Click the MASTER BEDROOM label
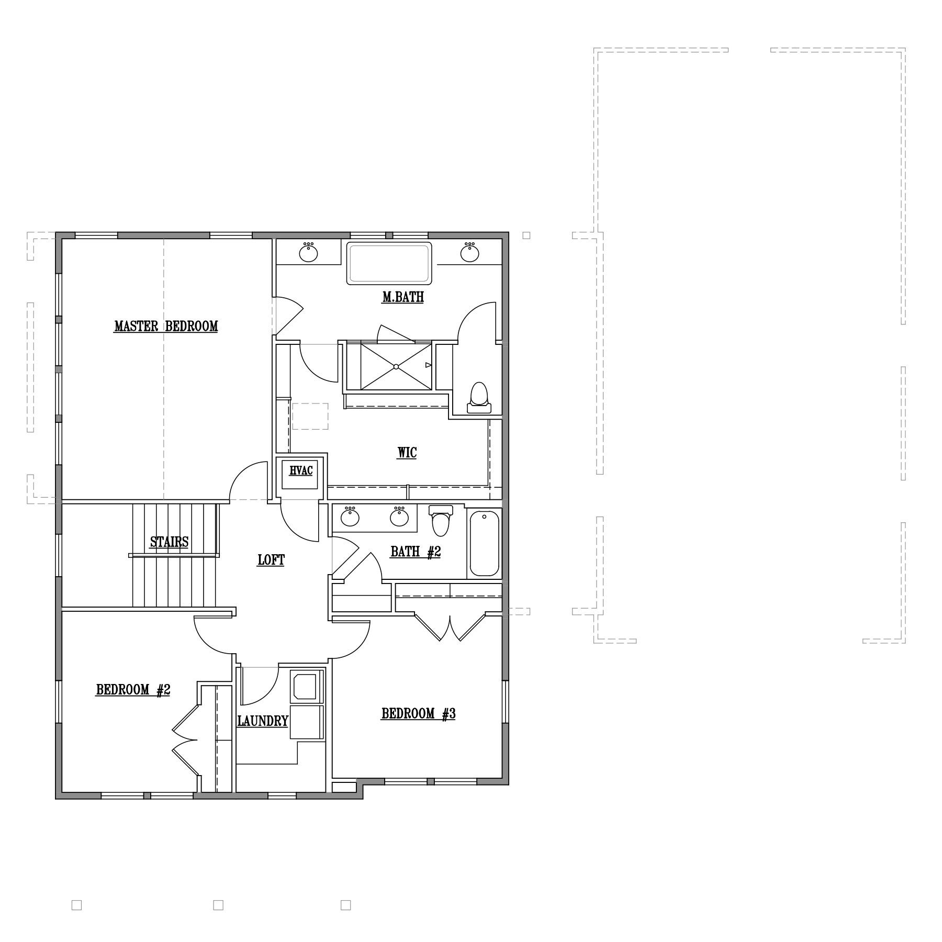point(166,327)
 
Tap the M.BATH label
point(403,297)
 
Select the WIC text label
point(407,453)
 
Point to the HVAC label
point(301,470)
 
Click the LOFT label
point(271,560)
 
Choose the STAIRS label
point(169,542)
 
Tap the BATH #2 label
point(416,552)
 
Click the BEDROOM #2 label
point(133,690)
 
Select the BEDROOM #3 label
point(418,714)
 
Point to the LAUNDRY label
point(263,721)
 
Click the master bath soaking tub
point(389,263)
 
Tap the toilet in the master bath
point(479,398)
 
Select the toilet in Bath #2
point(441,521)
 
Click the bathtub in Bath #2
point(485,544)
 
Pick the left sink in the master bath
point(309,252)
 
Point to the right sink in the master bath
point(470,252)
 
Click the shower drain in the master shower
point(396,366)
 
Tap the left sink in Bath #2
point(350,517)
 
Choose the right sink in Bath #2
point(399,517)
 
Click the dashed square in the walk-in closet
point(310,417)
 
